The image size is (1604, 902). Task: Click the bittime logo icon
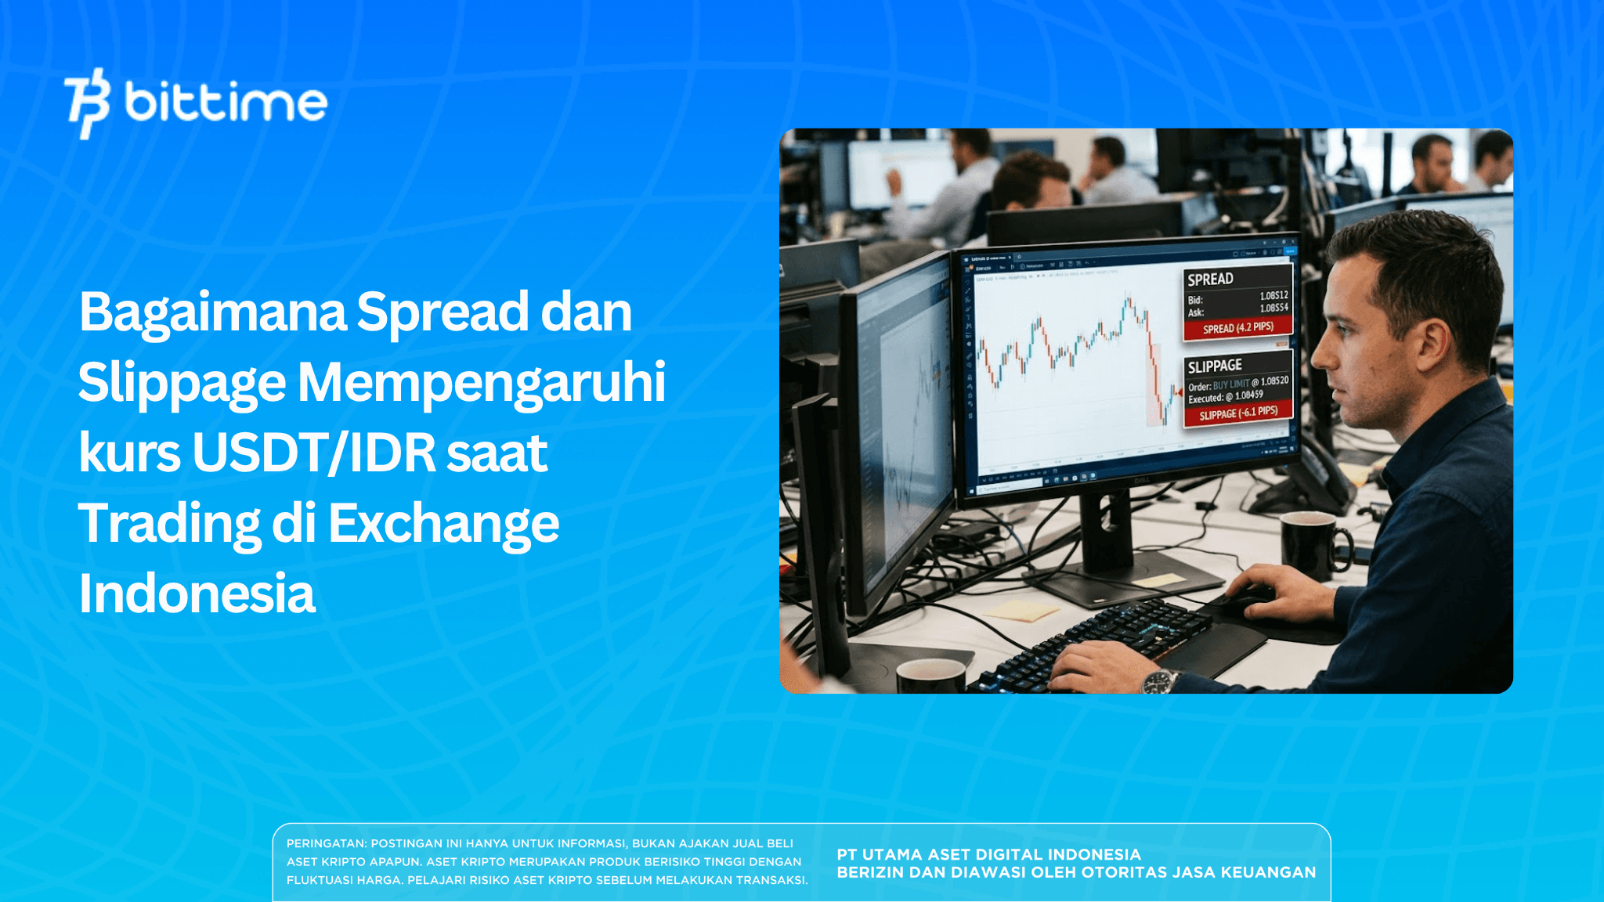87,103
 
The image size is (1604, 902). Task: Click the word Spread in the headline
443,312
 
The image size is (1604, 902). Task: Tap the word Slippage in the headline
181,383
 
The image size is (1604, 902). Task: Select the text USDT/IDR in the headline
313,453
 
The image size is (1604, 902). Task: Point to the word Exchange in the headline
443,524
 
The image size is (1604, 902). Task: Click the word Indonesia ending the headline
197,594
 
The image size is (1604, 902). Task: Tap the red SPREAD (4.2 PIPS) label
1237,328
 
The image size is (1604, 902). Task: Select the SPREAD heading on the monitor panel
1210,280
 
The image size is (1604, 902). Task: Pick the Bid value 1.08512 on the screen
1273,296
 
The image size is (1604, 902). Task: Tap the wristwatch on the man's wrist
1160,681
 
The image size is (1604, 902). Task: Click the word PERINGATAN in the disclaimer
326,843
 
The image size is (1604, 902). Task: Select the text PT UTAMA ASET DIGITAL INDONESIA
988,854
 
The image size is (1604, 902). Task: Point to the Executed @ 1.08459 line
1226,397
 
